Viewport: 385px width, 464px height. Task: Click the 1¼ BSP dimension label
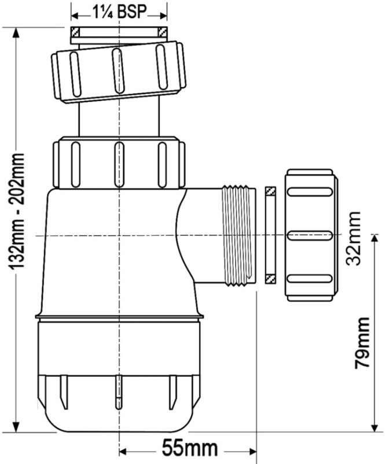119,10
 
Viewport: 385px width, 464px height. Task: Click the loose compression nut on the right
309,235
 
